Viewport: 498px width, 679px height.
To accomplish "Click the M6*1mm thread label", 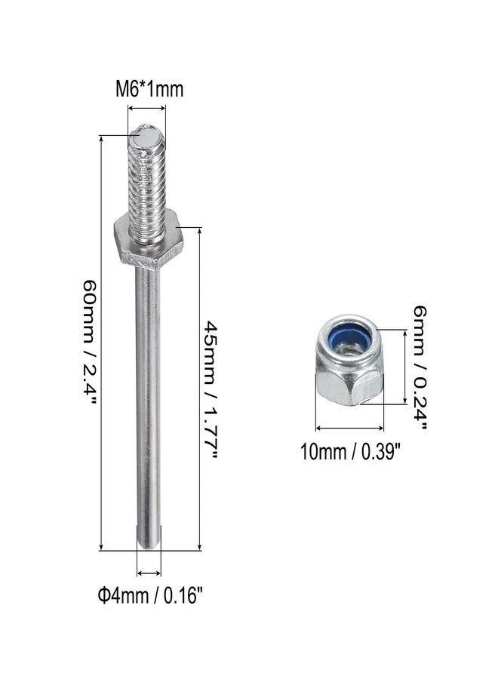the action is pos(149,89).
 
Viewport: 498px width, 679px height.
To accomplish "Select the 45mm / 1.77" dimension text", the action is pos(210,389).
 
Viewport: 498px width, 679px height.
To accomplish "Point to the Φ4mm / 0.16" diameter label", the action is pos(150,595).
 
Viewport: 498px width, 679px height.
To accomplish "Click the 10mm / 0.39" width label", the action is pos(349,452).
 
